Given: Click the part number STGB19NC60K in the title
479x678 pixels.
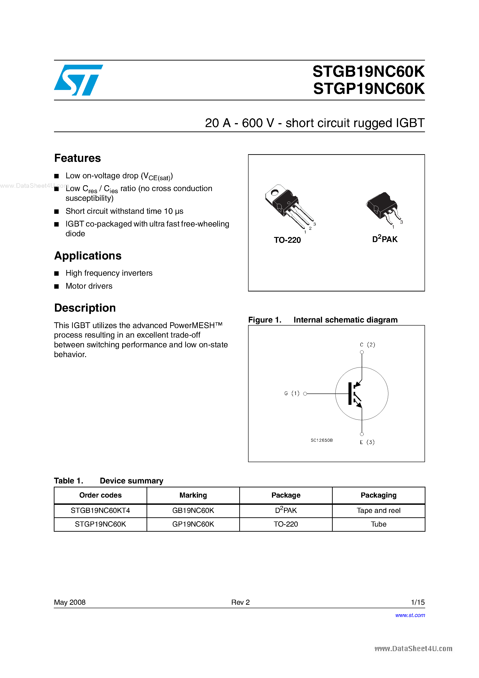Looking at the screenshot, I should tap(368, 72).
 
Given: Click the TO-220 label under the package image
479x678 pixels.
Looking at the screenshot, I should tap(287, 240).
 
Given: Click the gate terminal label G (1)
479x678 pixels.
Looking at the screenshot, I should tap(291, 393).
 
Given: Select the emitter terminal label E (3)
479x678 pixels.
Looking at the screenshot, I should tap(367, 442).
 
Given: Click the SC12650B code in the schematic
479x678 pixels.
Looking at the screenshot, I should tap(321, 440).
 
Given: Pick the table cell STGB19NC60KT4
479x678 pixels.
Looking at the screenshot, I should tap(100, 511).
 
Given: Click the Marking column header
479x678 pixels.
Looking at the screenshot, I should tap(193, 495).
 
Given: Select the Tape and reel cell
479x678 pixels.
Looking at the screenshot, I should tap(378, 511).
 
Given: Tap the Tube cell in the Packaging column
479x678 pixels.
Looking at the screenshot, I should tap(378, 524).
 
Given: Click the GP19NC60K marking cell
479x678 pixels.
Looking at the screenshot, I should tap(193, 524).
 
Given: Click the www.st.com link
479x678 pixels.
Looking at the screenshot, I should tap(410, 615).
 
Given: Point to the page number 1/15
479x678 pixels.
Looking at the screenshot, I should tap(418, 602).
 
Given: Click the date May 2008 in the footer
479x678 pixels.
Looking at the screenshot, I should tap(70, 602).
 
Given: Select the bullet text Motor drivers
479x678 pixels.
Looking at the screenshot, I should tap(89, 286).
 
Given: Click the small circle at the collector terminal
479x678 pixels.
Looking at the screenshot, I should tap(362, 352).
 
